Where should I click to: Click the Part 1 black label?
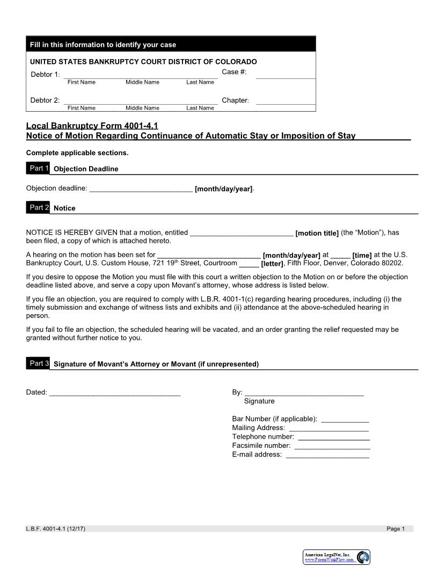click(x=38, y=168)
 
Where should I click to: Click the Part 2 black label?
click(x=38, y=207)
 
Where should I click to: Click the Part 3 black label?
click(x=38, y=364)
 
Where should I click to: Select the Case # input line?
click(x=286, y=76)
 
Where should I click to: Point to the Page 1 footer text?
click(x=396, y=529)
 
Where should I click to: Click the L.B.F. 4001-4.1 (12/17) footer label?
click(x=55, y=529)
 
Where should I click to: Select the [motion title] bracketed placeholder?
click(x=317, y=234)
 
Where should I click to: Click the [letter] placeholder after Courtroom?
click(x=272, y=264)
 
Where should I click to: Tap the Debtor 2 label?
click(x=45, y=100)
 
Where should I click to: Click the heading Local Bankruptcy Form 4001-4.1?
click(x=92, y=126)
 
